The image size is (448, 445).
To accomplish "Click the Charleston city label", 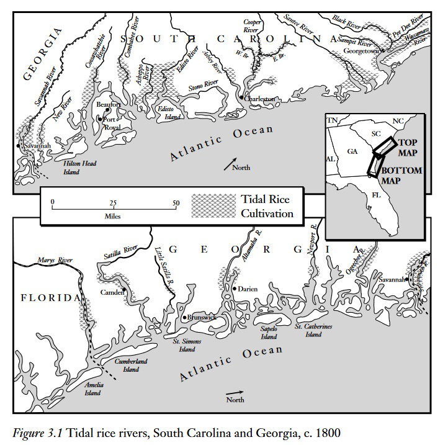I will pos(261,99).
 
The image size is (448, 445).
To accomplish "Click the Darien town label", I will pos(247,289).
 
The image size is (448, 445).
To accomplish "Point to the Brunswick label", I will pos(202,317).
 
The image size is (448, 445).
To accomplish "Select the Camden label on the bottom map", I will pos(112,292).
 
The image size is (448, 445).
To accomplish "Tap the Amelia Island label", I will pos(94,389).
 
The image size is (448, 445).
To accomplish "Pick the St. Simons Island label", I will pos(186,345).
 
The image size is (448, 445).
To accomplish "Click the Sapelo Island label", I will pos(268,332).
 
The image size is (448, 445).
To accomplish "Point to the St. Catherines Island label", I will pos(313,330).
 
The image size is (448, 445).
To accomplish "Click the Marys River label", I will pos(52,261).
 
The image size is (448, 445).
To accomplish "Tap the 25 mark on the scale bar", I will pos(114,203).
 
